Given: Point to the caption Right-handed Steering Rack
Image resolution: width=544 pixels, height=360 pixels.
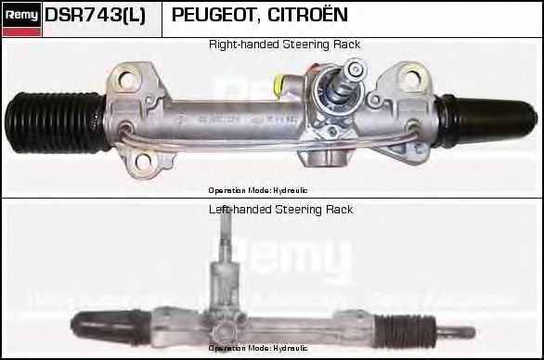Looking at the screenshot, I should pos(284,45).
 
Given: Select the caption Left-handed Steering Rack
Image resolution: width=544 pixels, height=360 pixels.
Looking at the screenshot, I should pos(280,210).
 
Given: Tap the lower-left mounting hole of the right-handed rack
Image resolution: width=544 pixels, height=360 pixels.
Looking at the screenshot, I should pos(144,164).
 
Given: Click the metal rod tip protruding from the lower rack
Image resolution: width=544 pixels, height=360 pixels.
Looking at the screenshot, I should pos(461,331).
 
